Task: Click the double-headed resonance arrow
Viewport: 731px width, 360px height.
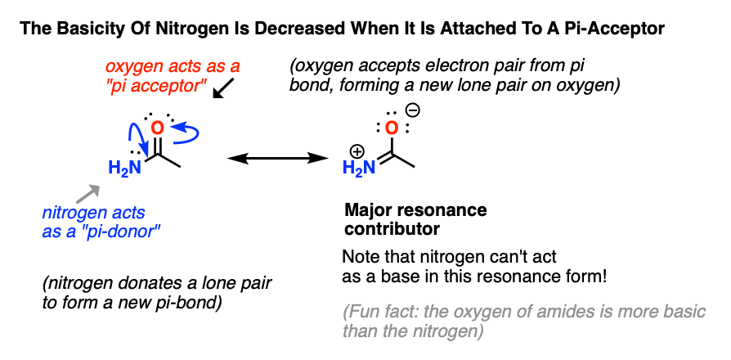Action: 277,159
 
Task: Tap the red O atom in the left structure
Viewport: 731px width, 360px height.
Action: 158,128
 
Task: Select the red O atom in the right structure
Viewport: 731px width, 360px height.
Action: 392,128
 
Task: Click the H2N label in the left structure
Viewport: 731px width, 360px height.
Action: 125,168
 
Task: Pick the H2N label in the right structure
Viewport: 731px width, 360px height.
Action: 359,168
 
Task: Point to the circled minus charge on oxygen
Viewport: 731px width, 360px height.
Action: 414,110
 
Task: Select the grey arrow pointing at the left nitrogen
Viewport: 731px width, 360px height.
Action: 88,194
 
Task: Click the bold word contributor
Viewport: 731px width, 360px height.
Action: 392,229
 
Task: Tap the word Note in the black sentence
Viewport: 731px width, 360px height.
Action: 358,258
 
